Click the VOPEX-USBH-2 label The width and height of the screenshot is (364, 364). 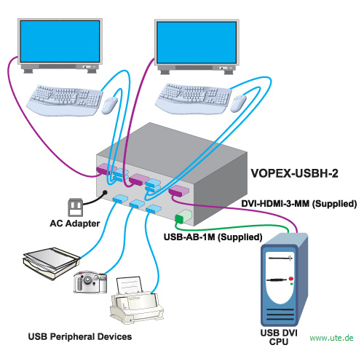[294, 173]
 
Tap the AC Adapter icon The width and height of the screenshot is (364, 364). [75, 207]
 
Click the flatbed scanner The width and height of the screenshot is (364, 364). [52, 263]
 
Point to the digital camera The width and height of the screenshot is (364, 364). [90, 282]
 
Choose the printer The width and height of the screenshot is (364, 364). [137, 301]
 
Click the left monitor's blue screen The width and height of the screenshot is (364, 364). [60, 41]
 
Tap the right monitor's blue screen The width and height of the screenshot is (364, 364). [197, 42]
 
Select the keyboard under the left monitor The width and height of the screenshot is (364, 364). [65, 100]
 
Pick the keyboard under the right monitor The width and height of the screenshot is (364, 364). [194, 98]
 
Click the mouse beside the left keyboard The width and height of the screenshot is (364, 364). [110, 105]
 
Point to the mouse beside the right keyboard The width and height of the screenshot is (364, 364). [238, 103]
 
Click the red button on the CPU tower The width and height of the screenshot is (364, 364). [291, 279]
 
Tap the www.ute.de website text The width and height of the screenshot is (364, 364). [331, 338]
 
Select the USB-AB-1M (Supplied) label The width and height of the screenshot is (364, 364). [213, 237]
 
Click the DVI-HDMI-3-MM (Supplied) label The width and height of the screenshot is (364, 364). [299, 204]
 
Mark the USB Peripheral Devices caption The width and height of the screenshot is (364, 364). [80, 336]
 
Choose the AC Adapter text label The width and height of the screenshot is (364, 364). [75, 223]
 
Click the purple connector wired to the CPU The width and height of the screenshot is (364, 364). [179, 191]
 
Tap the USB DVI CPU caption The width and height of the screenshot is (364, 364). [279, 337]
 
